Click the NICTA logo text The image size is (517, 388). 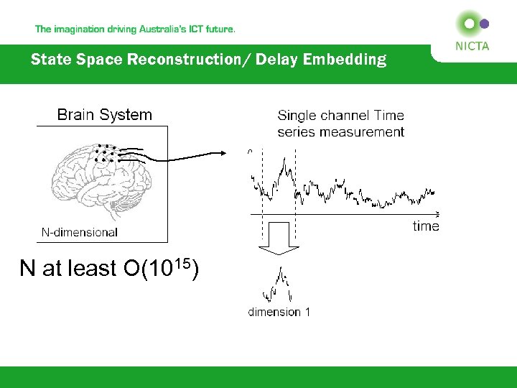pyautogui.click(x=471, y=46)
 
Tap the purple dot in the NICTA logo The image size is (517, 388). pyautogui.click(x=484, y=24)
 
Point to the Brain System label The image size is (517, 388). pyautogui.click(x=104, y=114)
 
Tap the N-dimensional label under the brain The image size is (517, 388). pyautogui.click(x=79, y=231)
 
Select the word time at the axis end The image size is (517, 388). pyautogui.click(x=426, y=226)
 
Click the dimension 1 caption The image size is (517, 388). pyautogui.click(x=279, y=312)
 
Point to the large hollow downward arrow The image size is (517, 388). pyautogui.click(x=279, y=239)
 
